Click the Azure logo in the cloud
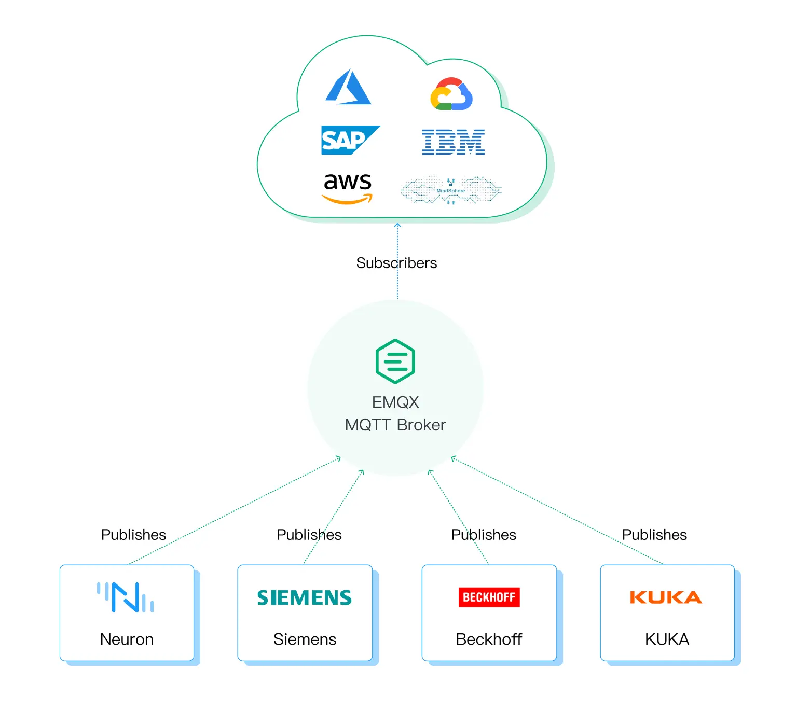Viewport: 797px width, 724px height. pos(348,88)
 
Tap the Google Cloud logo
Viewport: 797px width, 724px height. pos(451,94)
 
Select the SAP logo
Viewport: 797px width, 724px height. pos(350,140)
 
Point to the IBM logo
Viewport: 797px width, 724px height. pos(453,142)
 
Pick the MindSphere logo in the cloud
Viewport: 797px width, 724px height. pos(450,190)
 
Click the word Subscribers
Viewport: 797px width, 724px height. pos(396,263)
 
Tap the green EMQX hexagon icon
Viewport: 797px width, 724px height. pos(395,361)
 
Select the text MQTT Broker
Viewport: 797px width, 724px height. pos(395,425)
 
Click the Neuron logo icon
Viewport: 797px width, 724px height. pos(126,597)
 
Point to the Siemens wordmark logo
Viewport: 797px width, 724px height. pos(305,597)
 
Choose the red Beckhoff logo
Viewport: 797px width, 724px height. pos(489,597)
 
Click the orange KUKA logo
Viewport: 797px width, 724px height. pos(666,597)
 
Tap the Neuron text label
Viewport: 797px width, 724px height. pos(127,639)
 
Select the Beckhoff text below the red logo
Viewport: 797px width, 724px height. pos(489,639)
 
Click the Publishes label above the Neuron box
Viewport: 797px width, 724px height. pos(133,535)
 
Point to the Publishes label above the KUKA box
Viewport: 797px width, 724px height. pos(654,535)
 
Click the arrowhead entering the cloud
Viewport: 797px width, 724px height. pos(397,225)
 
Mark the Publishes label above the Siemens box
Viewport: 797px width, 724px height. pos(309,535)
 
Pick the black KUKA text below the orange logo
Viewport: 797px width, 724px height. pos(667,639)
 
